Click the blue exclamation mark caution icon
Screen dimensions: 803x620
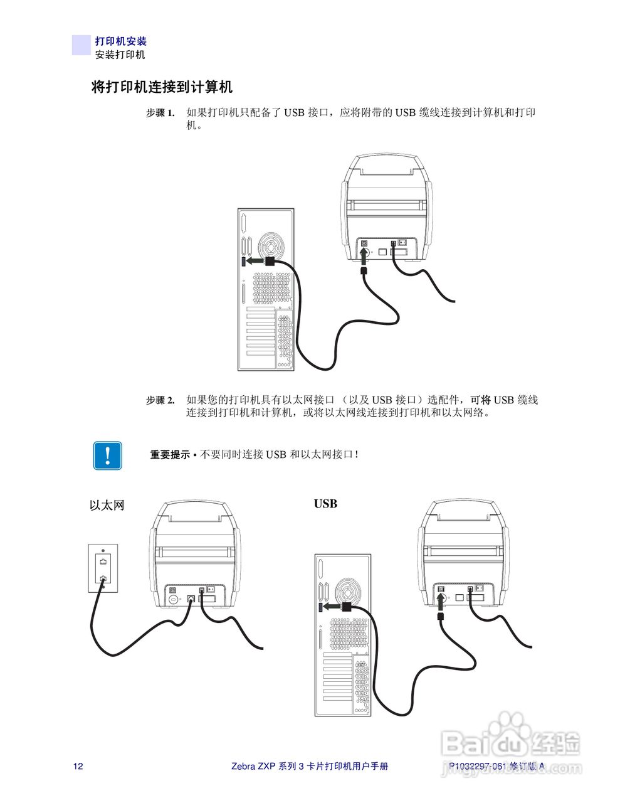coord(108,455)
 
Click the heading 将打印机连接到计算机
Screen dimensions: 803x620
coord(162,87)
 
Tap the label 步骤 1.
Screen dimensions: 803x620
coord(160,114)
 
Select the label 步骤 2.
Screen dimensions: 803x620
coord(160,400)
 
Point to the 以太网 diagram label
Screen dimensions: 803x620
coord(107,506)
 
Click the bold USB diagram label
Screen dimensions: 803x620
coord(325,504)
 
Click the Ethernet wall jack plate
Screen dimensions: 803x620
coord(103,568)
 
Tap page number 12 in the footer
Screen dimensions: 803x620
coord(78,766)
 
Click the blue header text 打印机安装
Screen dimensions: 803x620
coord(120,41)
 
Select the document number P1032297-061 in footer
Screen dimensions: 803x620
coord(477,766)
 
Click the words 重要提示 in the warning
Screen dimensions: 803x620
coord(169,455)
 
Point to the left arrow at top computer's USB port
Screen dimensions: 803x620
coord(254,260)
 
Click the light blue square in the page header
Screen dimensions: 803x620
coord(81,45)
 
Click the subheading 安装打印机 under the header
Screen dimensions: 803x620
coord(120,55)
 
